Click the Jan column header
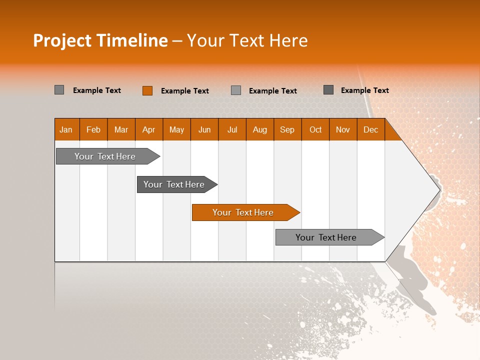coord(66,129)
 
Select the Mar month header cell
coord(121,129)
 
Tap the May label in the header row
coord(176,129)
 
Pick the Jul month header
coord(232,129)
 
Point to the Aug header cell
coord(259,129)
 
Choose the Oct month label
coord(315,129)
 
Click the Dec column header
coord(370,129)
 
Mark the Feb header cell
coord(93,129)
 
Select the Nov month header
coord(342,129)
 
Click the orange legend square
coord(147,90)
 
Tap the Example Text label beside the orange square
coord(184,91)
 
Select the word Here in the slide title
coord(288,40)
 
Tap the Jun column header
coord(204,129)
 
